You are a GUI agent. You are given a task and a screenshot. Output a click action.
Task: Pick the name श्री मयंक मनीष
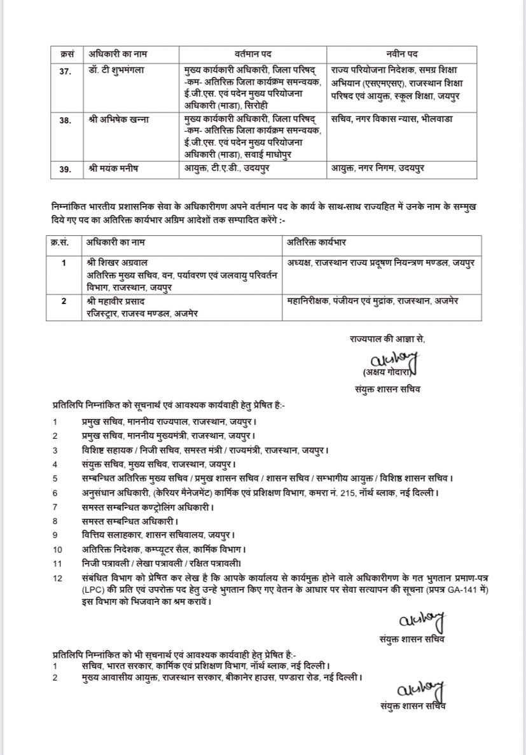(x=112, y=168)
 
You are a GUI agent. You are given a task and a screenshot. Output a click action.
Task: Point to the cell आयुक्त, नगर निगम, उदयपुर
(x=380, y=168)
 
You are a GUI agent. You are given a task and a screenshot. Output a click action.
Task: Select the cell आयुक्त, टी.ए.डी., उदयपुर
(x=225, y=168)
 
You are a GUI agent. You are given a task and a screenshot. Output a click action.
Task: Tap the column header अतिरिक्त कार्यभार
(x=316, y=243)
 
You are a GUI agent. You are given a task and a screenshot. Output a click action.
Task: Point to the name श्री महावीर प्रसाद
(x=119, y=301)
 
